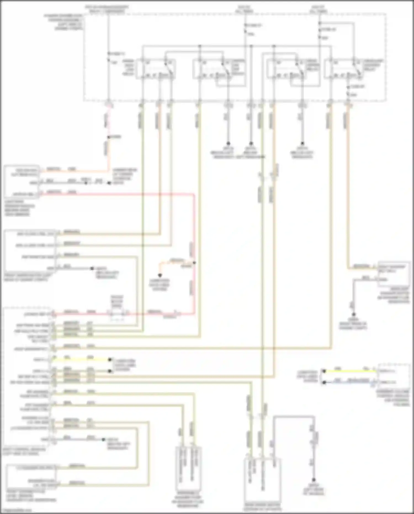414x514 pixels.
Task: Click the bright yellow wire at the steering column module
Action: click(351, 371)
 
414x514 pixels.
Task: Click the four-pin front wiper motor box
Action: click(30, 251)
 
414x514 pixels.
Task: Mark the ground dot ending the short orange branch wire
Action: click(160, 275)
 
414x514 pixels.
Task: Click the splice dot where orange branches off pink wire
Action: click(194, 263)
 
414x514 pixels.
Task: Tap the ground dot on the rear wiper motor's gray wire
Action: click(314, 480)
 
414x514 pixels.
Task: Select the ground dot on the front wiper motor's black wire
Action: click(93, 268)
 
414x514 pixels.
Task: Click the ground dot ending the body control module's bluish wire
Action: click(104, 439)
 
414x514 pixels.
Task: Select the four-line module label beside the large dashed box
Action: click(63, 22)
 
